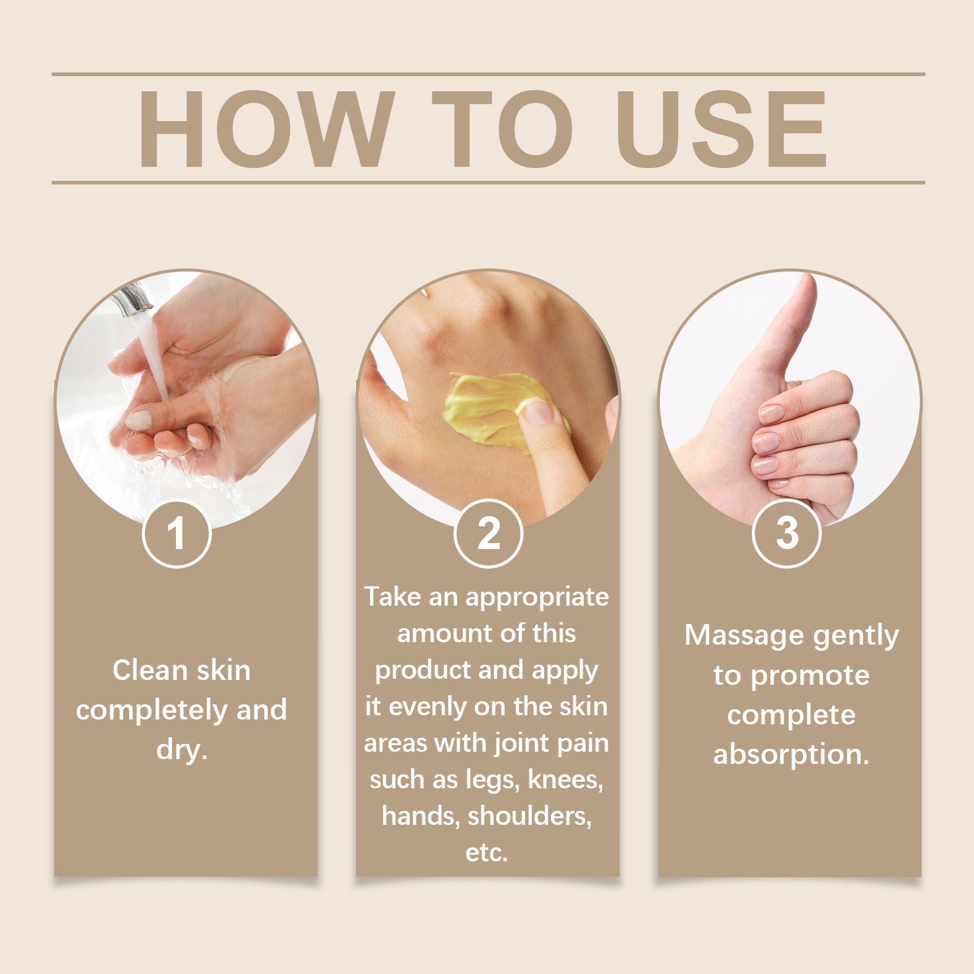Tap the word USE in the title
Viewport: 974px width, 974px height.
click(x=724, y=129)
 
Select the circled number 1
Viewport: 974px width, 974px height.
click(x=177, y=533)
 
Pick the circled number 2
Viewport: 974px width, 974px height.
click(x=488, y=533)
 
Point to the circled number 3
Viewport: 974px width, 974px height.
click(x=787, y=533)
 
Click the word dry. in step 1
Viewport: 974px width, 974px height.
click(x=182, y=749)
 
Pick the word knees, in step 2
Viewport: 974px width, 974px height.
click(x=566, y=780)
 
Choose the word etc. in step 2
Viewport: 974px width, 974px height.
click(x=486, y=853)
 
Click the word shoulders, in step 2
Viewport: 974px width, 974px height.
click(x=529, y=816)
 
